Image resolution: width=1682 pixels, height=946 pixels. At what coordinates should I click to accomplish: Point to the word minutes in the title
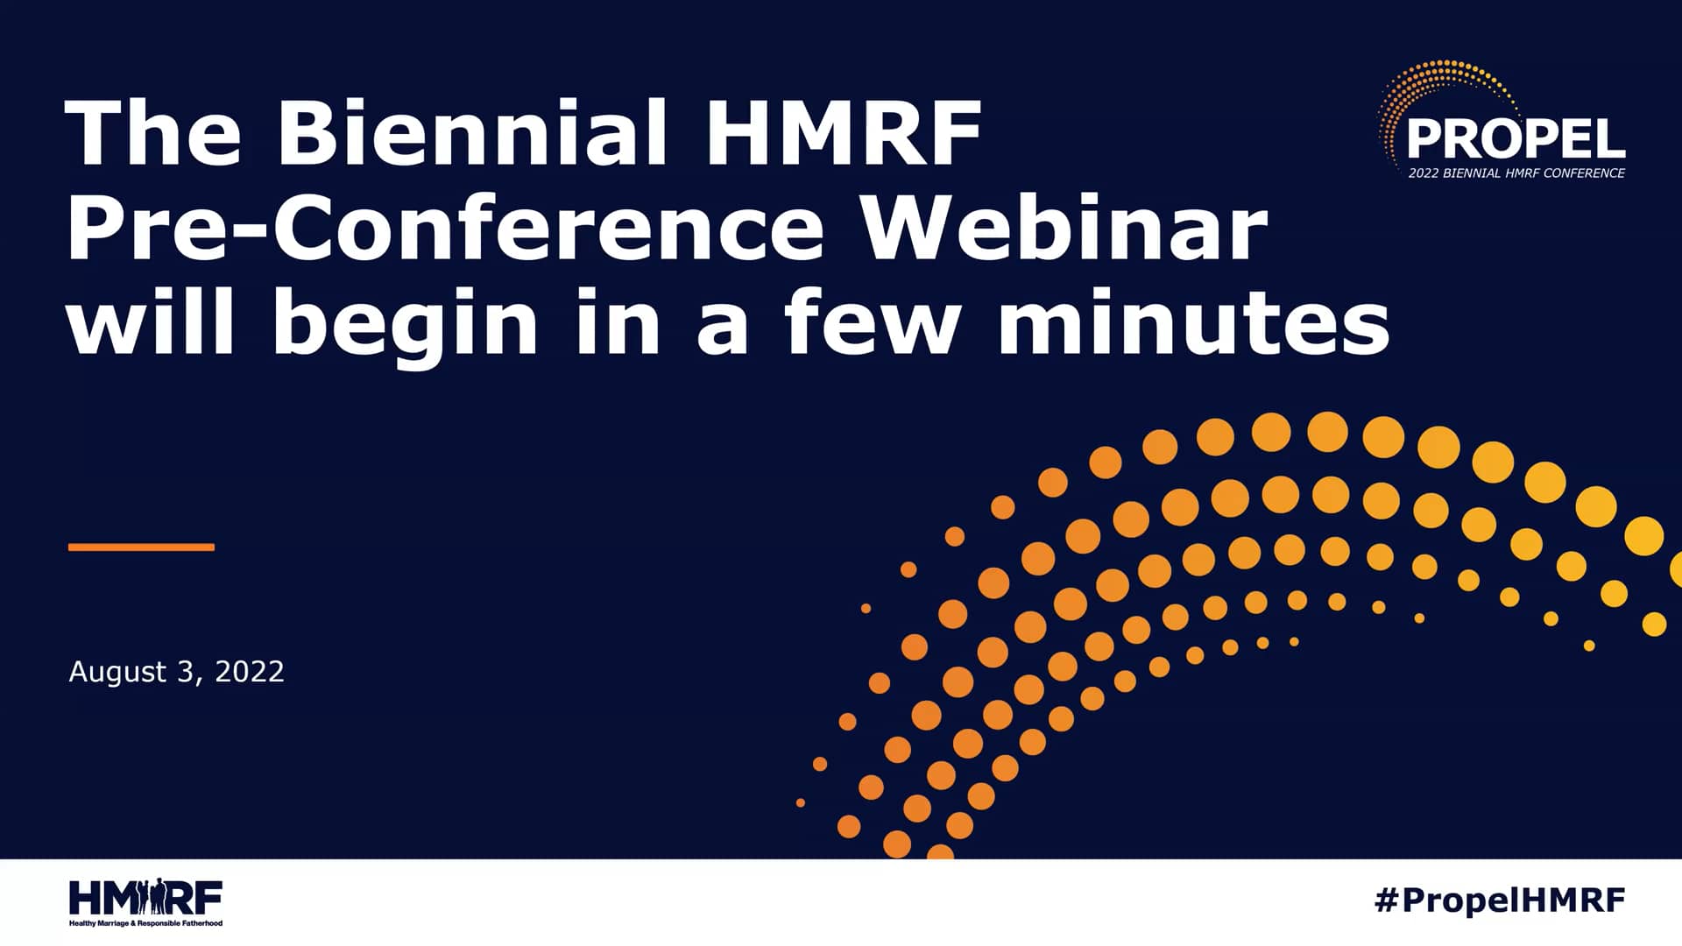coord(1193,323)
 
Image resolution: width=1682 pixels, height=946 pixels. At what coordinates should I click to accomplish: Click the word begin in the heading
coord(405,325)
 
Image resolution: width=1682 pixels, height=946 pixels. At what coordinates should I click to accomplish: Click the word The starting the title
coord(152,133)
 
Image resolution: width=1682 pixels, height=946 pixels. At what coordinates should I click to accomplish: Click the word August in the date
coord(117,672)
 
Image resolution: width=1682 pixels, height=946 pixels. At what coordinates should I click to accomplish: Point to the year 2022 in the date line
coord(250,672)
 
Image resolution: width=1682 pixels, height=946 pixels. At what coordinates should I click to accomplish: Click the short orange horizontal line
coord(141,547)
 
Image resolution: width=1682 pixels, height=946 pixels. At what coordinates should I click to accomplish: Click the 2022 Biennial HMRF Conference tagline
coord(1516,173)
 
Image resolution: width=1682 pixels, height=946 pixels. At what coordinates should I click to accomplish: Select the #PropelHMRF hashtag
coord(1500,900)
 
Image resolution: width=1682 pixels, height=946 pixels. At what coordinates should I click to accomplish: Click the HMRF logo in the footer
coord(145,898)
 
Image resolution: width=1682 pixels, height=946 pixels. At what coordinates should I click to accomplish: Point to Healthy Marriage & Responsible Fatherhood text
coord(145,923)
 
